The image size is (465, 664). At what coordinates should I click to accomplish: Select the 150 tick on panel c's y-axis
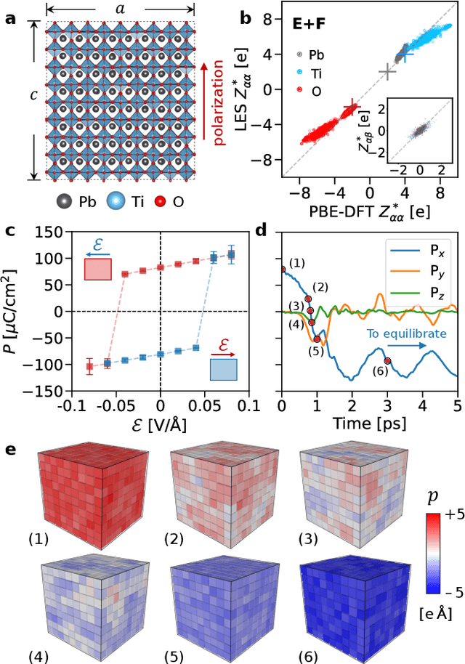tap(48, 232)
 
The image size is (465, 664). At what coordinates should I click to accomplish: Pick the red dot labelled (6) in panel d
tap(387, 361)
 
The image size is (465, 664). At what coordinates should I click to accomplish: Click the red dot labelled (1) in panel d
tap(282, 270)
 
